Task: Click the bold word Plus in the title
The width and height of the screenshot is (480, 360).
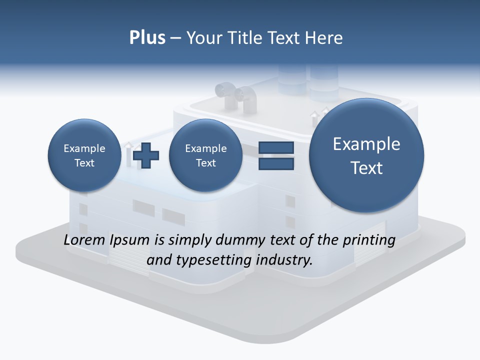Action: click(147, 37)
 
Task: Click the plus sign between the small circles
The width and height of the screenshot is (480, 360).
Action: click(146, 155)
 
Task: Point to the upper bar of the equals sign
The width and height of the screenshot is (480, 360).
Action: click(276, 148)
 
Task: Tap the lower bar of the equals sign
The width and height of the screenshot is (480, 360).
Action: click(276, 163)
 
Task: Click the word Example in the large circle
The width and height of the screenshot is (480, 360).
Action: click(366, 144)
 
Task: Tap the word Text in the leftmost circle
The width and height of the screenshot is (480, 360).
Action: click(84, 163)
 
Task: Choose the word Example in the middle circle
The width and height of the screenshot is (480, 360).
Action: click(205, 148)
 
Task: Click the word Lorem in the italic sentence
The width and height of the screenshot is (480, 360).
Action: click(82, 240)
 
